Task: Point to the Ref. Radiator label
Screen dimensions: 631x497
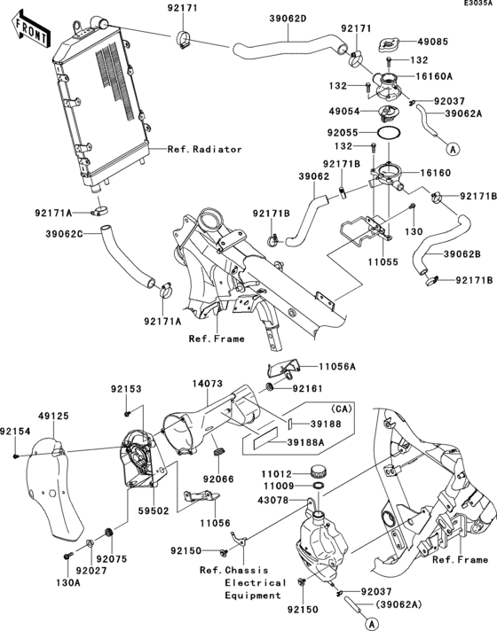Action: [204, 150]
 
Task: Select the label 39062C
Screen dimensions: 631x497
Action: [65, 234]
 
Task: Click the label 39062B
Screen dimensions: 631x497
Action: [462, 254]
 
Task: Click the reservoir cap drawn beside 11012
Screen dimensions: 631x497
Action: [319, 471]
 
